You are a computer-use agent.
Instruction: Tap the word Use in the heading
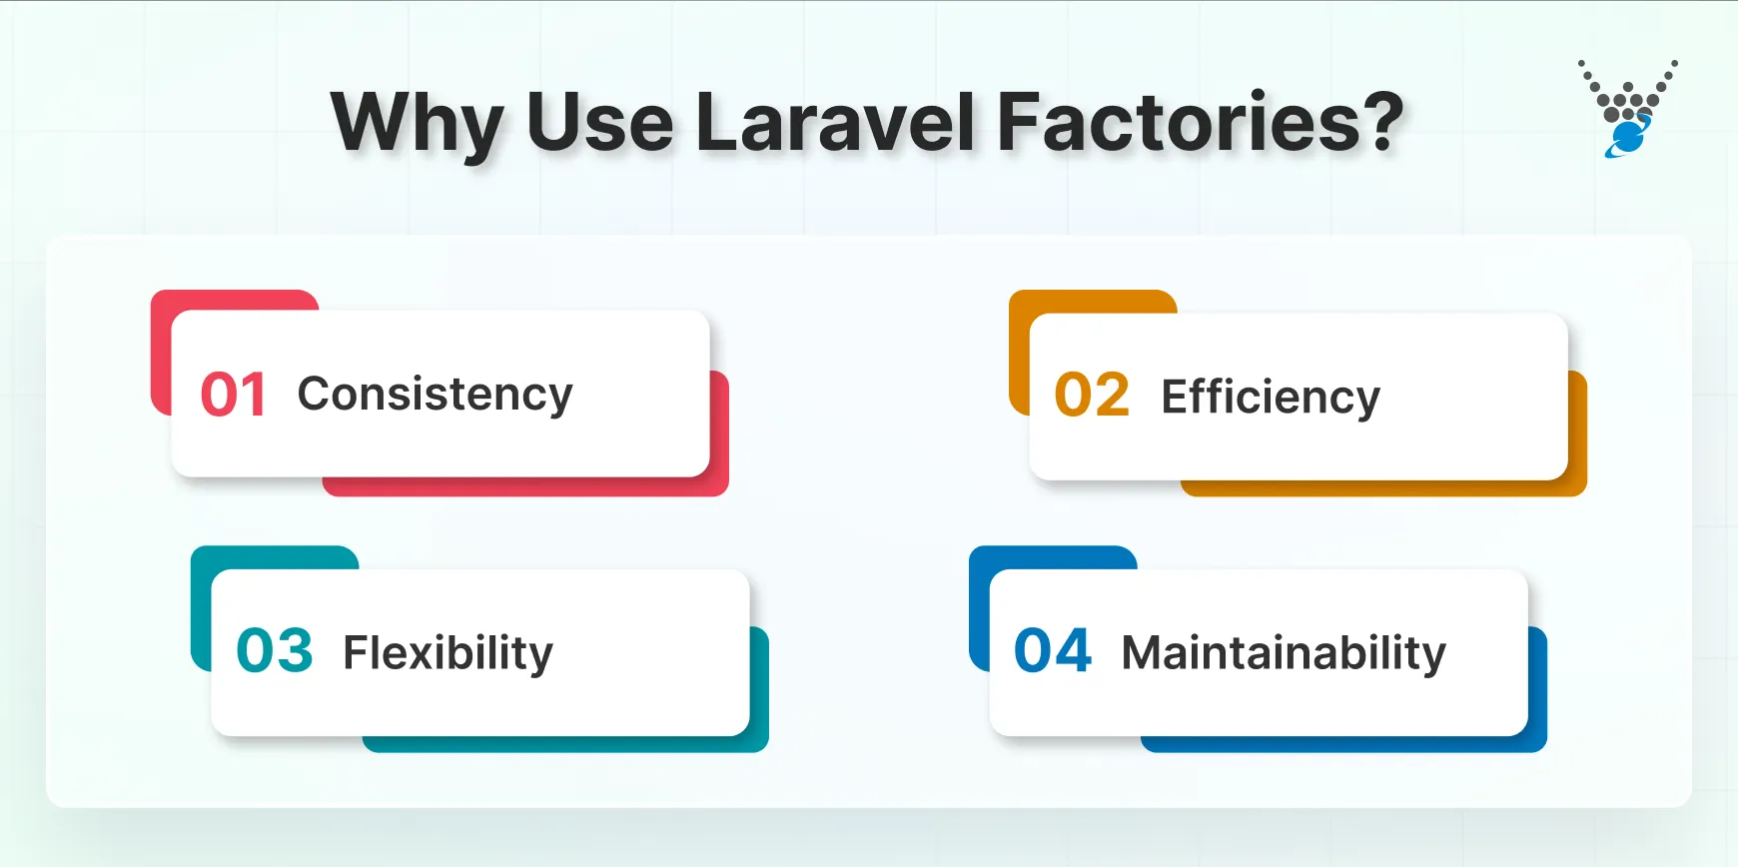[599, 122]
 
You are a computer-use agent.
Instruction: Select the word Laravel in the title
[835, 122]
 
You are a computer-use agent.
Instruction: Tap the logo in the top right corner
[1628, 108]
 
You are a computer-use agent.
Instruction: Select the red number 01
[233, 395]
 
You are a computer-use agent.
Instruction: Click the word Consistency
[434, 395]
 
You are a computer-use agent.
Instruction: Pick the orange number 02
[1092, 396]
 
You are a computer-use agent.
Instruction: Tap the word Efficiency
[1270, 398]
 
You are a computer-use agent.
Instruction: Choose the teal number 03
[275, 651]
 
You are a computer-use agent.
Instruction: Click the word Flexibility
[447, 653]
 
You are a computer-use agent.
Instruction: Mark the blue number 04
[1053, 651]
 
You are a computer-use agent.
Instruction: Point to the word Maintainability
[1284, 653]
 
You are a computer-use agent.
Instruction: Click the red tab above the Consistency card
[235, 300]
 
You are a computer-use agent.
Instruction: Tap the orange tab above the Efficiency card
[1093, 302]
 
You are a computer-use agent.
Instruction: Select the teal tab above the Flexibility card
[275, 557]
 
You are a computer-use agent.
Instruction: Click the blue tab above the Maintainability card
[1053, 557]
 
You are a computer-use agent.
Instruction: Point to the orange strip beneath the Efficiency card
[1378, 488]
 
